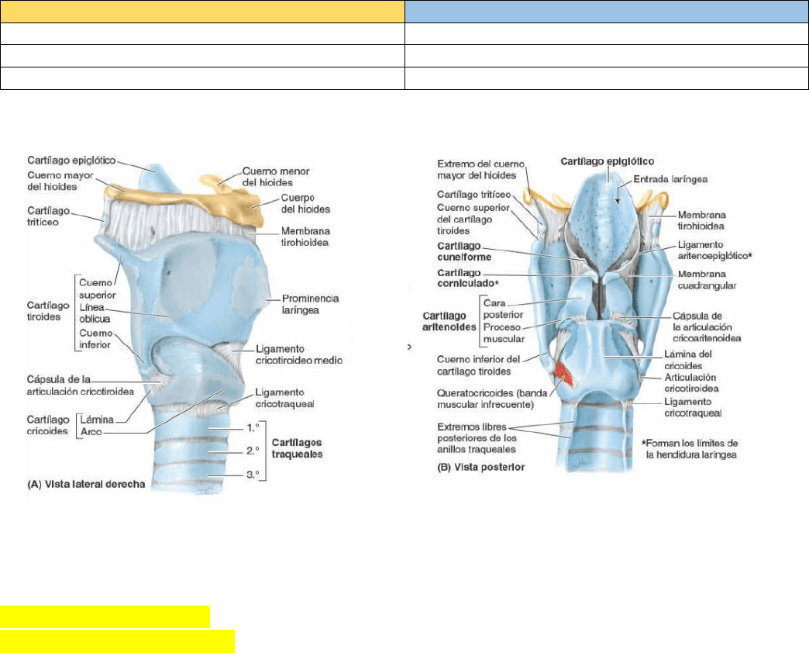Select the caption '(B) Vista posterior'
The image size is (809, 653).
coord(474,467)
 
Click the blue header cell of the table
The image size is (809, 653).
coord(606,12)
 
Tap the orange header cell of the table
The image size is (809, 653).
coord(202,12)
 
